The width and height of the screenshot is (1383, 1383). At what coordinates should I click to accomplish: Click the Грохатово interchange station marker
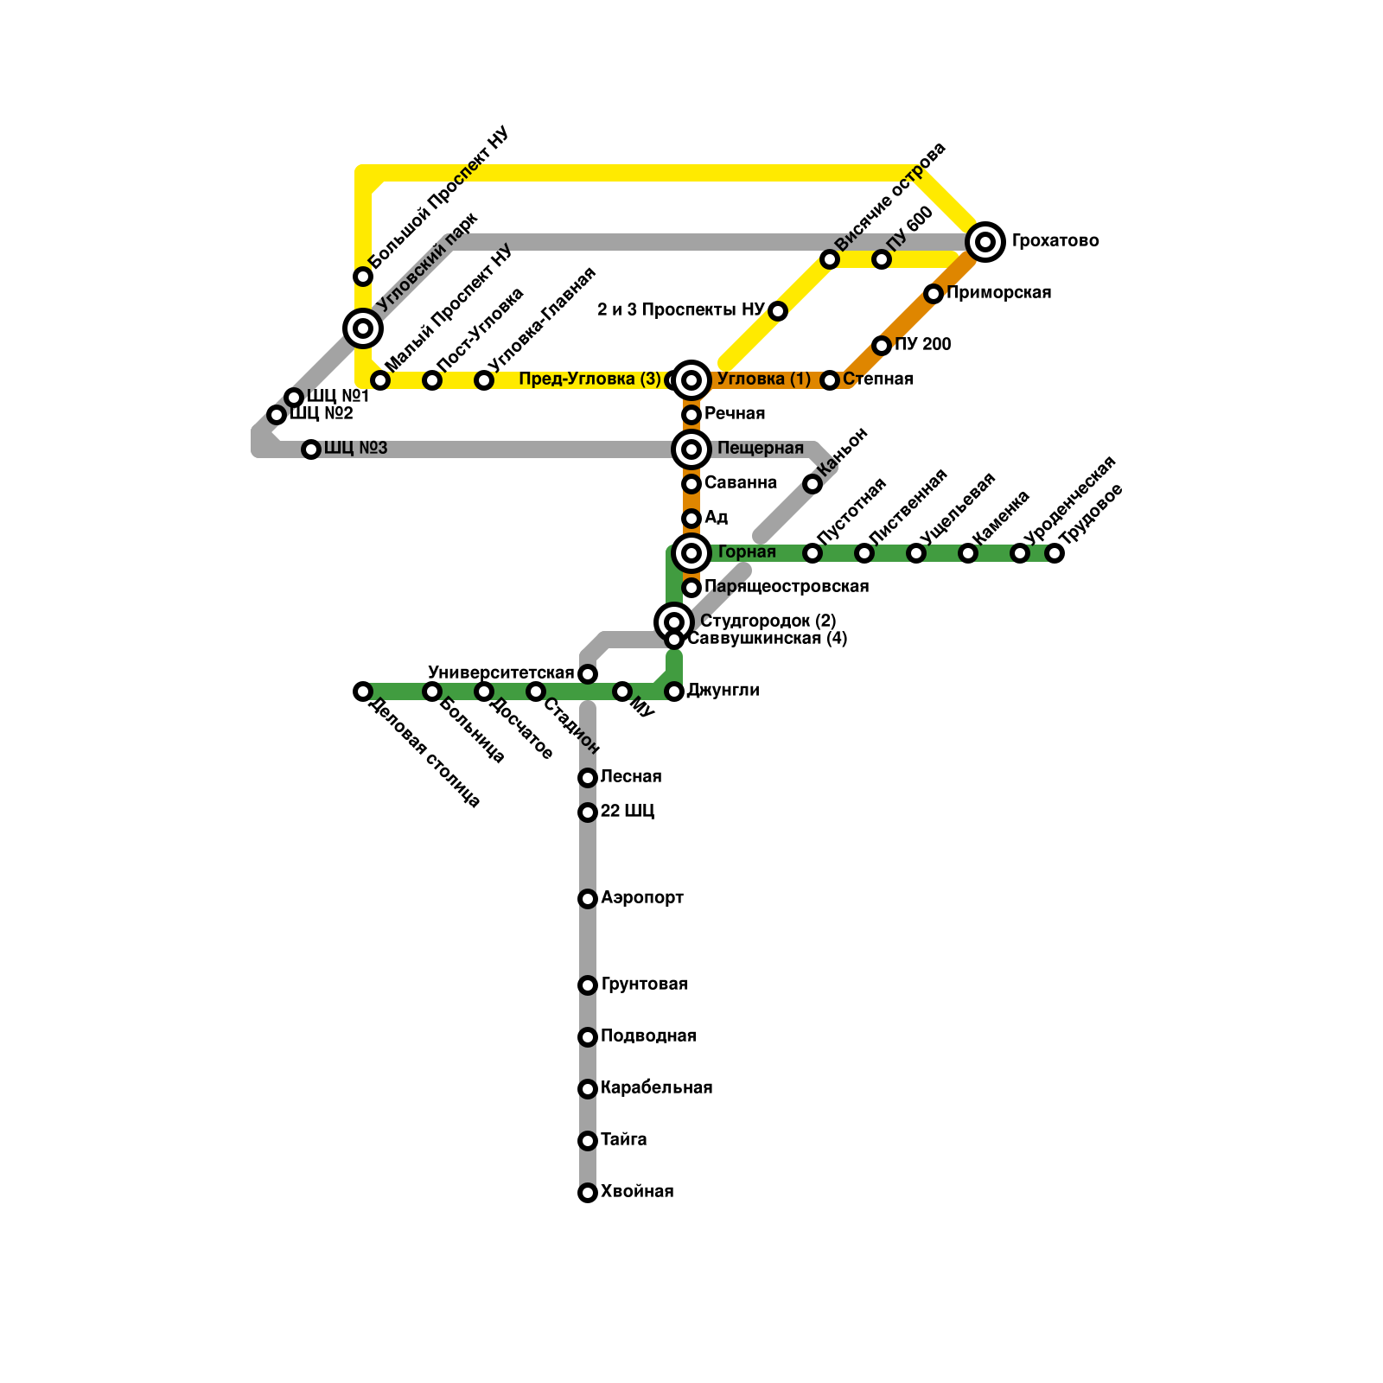[x=985, y=241]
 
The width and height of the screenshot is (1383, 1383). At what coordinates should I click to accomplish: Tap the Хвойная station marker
[x=588, y=1193]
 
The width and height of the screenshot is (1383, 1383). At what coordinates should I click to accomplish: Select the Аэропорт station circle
[x=588, y=899]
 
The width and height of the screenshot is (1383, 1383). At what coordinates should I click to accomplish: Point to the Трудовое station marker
[x=1055, y=553]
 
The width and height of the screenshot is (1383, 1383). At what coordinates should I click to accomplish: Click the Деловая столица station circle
[x=363, y=691]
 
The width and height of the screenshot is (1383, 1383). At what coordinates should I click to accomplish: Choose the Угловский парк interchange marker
[x=363, y=328]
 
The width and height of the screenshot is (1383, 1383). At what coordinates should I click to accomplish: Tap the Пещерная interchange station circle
[x=691, y=449]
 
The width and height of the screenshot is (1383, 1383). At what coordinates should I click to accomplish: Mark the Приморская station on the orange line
[x=934, y=294]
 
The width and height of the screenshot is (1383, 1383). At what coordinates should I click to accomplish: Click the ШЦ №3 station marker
[x=311, y=449]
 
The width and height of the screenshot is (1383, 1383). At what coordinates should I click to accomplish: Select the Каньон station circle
[x=813, y=484]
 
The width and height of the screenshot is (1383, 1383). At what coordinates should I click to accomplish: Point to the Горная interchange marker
[x=691, y=553]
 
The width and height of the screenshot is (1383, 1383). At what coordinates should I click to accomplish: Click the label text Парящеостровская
[x=786, y=587]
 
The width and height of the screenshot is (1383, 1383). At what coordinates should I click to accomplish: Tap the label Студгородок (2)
[x=768, y=621]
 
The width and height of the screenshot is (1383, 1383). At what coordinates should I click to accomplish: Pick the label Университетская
[x=501, y=673]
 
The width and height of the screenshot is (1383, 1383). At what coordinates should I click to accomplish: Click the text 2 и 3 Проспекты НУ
[x=680, y=310]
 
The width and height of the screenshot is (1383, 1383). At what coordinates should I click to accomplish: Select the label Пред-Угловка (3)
[x=590, y=379]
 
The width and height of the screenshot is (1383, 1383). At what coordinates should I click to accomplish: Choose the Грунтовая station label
[x=644, y=985]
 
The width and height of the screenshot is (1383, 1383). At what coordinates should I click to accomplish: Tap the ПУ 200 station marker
[x=882, y=346]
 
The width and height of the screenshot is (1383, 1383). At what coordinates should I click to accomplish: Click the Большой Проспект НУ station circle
[x=363, y=277]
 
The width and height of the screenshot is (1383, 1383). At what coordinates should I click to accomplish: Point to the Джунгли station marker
[x=674, y=691]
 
